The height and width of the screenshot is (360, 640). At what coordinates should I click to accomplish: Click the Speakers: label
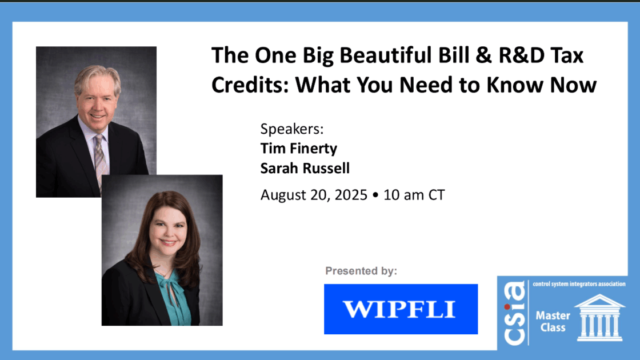(x=292, y=129)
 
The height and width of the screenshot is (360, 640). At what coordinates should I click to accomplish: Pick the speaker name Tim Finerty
(x=299, y=148)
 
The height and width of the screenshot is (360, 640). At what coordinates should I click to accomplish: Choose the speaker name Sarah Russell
(x=305, y=168)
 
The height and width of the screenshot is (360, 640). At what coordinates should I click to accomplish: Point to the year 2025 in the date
(x=351, y=195)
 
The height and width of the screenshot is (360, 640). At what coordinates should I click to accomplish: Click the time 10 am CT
(x=414, y=195)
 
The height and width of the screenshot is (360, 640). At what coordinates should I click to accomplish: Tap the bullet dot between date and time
(x=375, y=195)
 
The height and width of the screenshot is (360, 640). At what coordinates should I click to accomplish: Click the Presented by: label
(x=361, y=271)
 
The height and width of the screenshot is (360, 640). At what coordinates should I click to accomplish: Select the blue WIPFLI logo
(x=401, y=309)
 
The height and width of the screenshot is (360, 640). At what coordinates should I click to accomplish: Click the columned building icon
(x=599, y=318)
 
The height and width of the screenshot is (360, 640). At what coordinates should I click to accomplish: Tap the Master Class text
(x=553, y=322)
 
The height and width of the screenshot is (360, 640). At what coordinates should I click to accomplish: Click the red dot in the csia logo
(x=506, y=307)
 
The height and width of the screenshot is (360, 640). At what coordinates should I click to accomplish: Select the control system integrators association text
(x=579, y=284)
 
